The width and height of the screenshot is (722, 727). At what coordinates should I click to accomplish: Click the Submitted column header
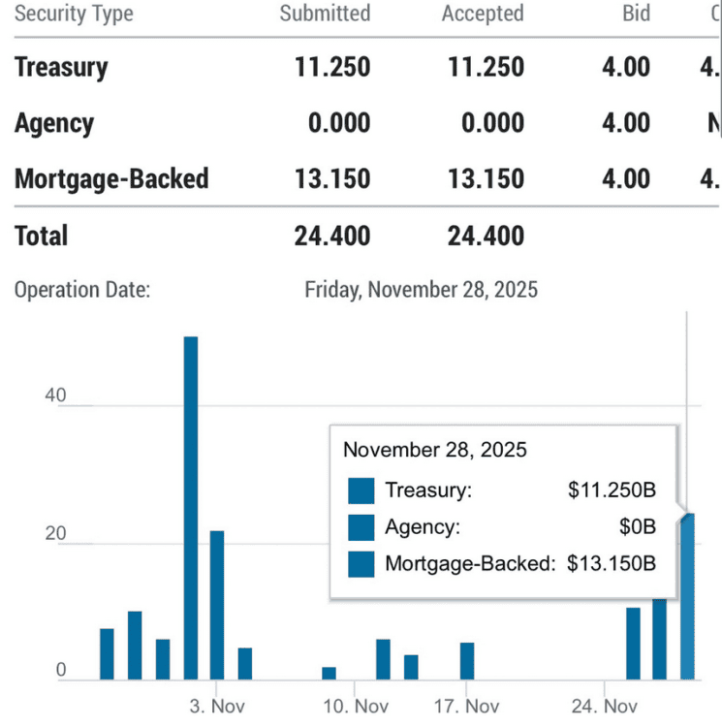tap(325, 14)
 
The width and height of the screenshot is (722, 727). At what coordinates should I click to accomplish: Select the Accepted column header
tap(482, 14)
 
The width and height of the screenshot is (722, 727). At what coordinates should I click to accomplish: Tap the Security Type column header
tap(74, 14)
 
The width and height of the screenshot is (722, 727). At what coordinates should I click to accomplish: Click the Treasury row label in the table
tap(61, 67)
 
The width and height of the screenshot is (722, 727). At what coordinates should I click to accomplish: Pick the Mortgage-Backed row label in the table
tap(111, 178)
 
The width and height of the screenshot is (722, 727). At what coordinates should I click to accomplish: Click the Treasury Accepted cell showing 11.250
tap(486, 67)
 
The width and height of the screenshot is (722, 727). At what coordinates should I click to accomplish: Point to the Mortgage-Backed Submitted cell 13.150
tap(332, 178)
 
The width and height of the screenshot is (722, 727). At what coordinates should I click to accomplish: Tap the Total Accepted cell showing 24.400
tap(486, 236)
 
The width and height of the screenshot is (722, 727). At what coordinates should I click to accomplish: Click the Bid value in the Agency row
tap(625, 123)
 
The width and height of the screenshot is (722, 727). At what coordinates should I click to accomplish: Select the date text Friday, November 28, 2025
tap(421, 289)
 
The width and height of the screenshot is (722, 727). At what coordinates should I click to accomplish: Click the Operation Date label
tap(82, 289)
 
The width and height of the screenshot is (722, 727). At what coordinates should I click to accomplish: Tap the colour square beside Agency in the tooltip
tap(361, 527)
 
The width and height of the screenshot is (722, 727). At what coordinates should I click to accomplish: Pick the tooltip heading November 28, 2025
tap(435, 450)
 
